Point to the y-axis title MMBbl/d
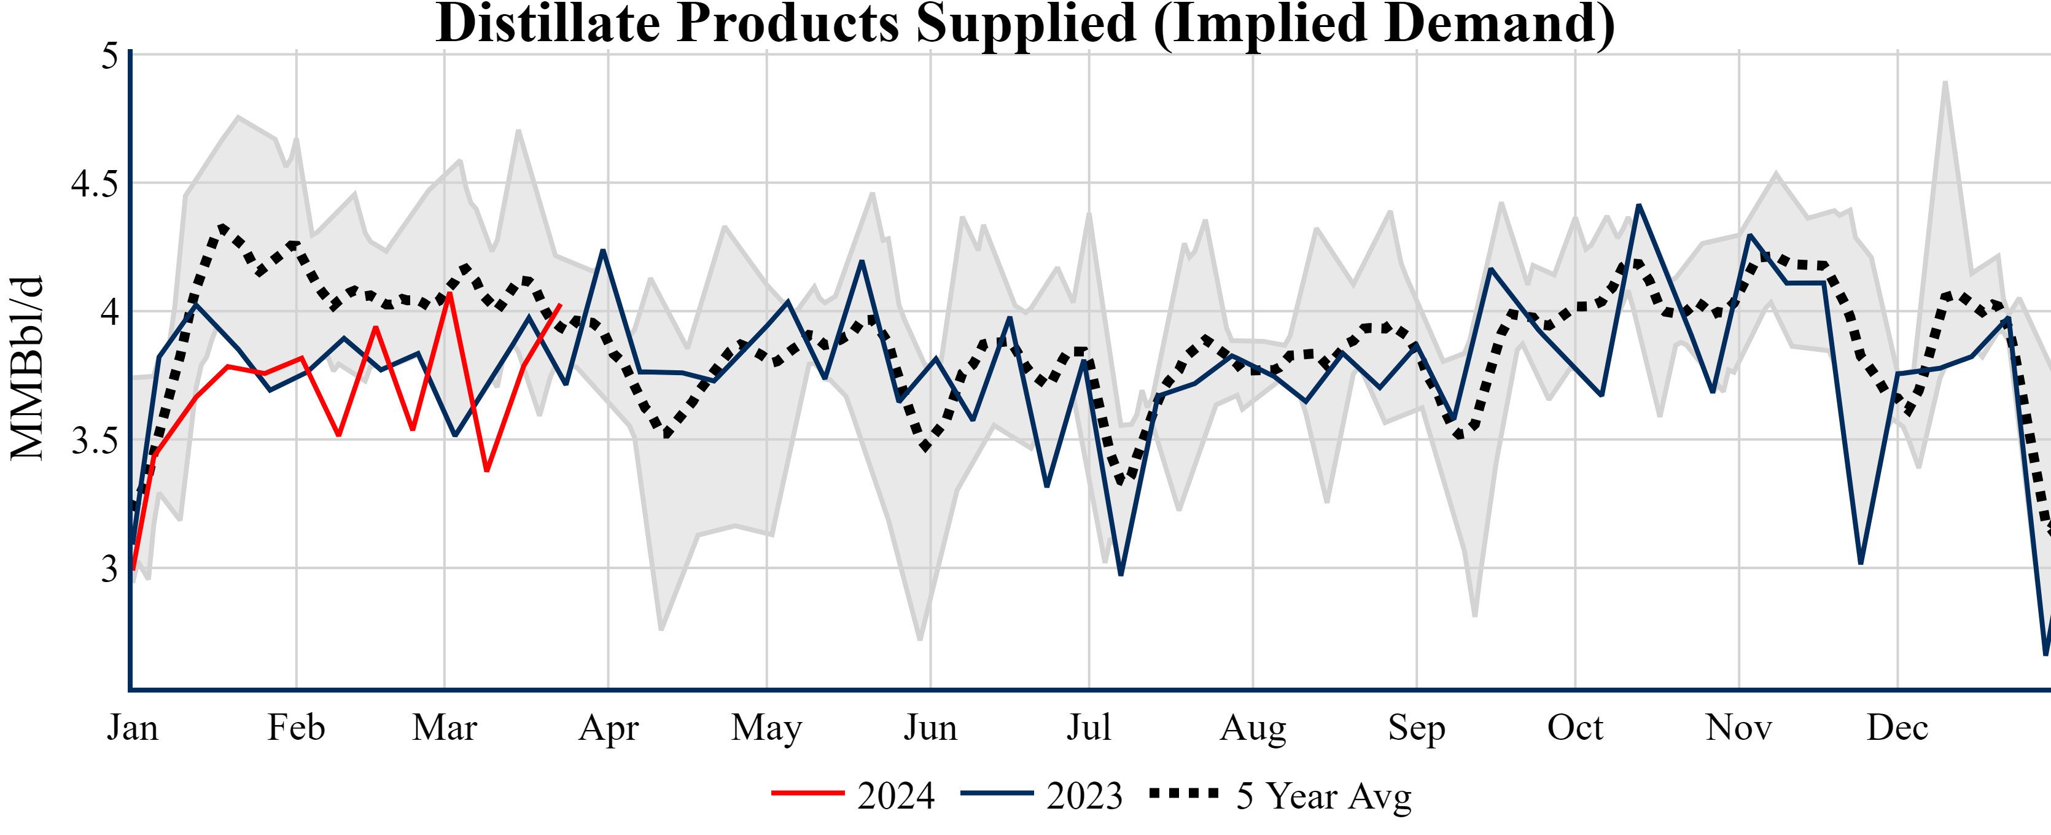(x=27, y=368)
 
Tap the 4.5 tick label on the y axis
(x=94, y=184)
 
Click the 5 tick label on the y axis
(x=109, y=56)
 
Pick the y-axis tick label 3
(x=109, y=569)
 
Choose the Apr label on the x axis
(x=609, y=728)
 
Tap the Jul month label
(x=1088, y=728)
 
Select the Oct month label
(x=1575, y=728)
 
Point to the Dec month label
(x=1897, y=728)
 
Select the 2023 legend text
(x=1084, y=795)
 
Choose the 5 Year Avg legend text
(x=1323, y=795)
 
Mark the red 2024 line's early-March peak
(x=451, y=293)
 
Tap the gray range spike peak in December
(x=1945, y=82)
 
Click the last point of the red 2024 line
(x=559, y=305)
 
